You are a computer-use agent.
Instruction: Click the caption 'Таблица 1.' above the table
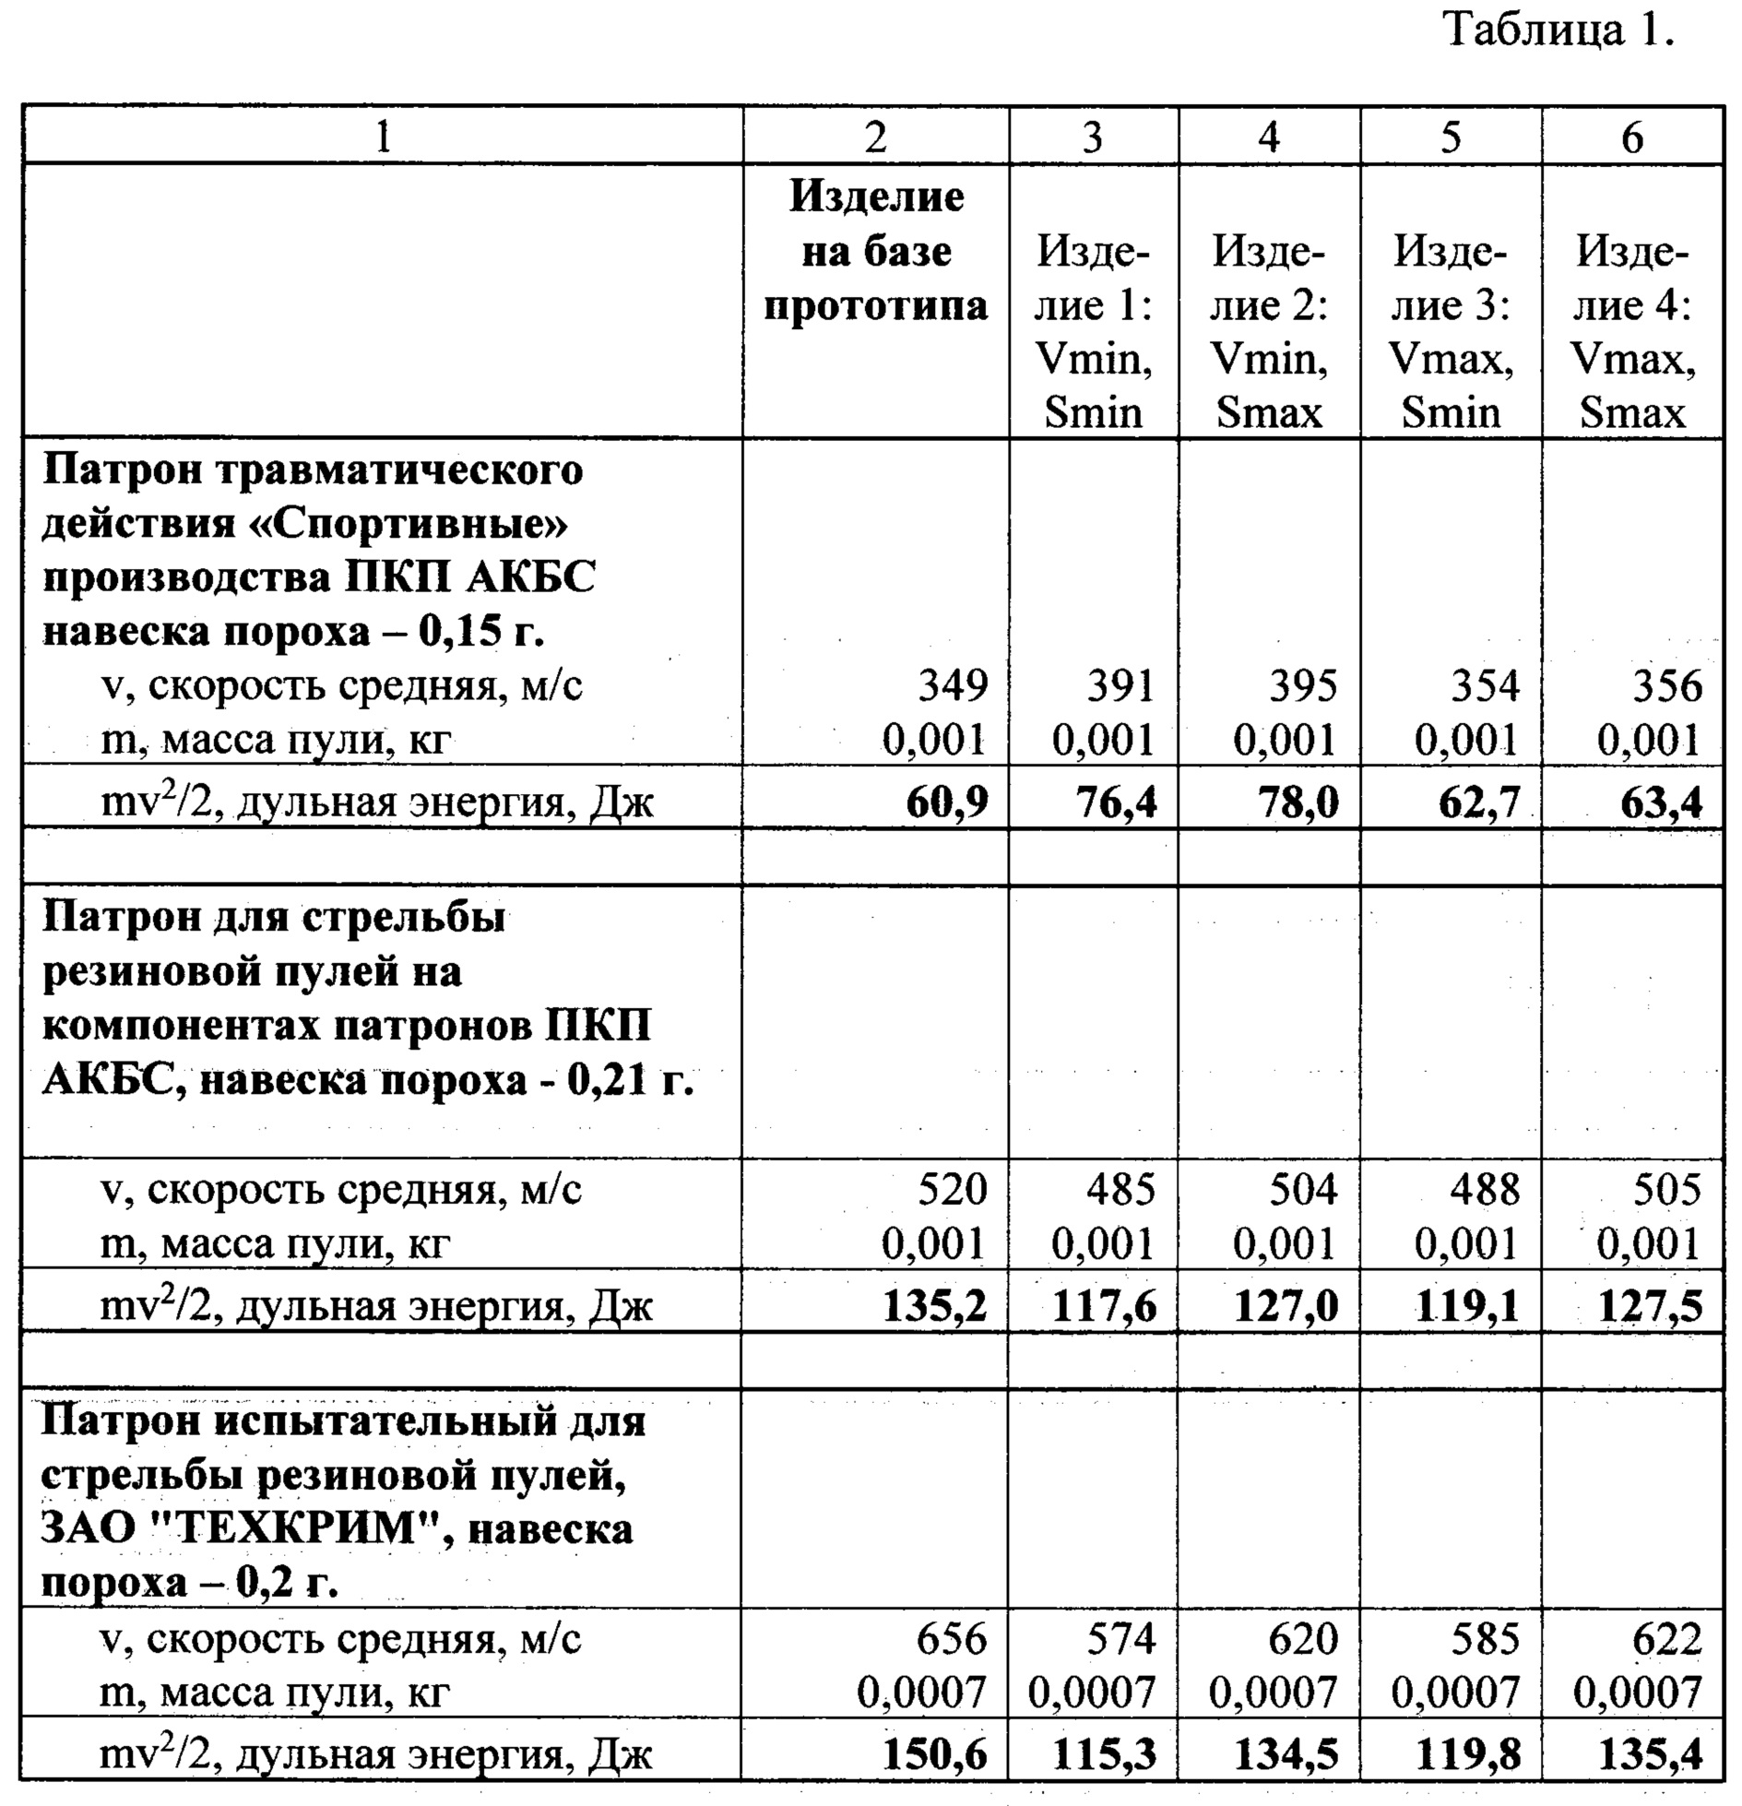pos(1558,31)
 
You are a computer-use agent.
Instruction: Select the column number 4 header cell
pos(1269,137)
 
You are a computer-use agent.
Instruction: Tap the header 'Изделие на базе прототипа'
pos(876,251)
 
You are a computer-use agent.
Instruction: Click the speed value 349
pos(953,686)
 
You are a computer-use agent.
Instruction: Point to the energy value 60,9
pos(946,802)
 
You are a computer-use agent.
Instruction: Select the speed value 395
pos(1302,686)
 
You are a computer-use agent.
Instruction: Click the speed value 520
pos(952,1189)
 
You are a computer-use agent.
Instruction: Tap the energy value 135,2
pos(934,1306)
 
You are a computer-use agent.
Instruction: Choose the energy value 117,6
pos(1104,1306)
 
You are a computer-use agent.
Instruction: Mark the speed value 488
pos(1485,1189)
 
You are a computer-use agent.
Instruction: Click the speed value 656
pos(951,1639)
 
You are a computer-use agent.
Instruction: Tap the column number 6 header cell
pos(1631,137)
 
